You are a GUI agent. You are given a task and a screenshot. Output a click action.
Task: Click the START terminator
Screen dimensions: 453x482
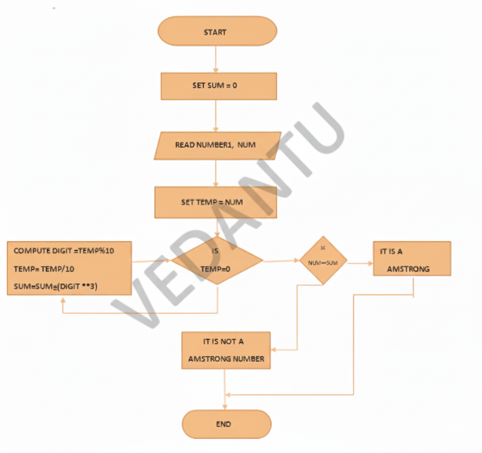click(x=217, y=32)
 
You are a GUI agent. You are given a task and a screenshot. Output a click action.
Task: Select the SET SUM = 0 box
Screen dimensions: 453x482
click(x=219, y=86)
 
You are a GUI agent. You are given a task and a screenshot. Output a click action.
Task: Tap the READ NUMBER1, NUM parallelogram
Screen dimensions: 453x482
click(x=217, y=146)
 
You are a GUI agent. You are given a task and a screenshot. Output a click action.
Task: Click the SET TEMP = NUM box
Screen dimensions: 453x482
click(x=216, y=202)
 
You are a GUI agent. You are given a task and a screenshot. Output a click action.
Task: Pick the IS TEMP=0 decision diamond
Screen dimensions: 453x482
click(x=217, y=260)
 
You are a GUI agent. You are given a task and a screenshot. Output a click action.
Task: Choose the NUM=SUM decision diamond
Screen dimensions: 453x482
click(x=323, y=261)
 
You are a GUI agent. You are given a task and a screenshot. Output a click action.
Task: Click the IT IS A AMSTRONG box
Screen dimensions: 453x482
click(x=412, y=259)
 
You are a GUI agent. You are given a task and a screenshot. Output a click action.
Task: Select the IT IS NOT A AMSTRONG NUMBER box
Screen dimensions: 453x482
click(x=226, y=350)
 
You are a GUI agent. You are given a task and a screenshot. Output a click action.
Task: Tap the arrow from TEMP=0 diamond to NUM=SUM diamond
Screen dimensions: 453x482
click(x=280, y=261)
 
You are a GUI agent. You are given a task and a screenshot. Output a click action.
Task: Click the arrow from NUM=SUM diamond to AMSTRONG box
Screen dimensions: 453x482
click(x=360, y=263)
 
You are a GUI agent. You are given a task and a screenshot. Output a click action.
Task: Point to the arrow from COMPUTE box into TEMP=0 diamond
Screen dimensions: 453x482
click(x=151, y=261)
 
